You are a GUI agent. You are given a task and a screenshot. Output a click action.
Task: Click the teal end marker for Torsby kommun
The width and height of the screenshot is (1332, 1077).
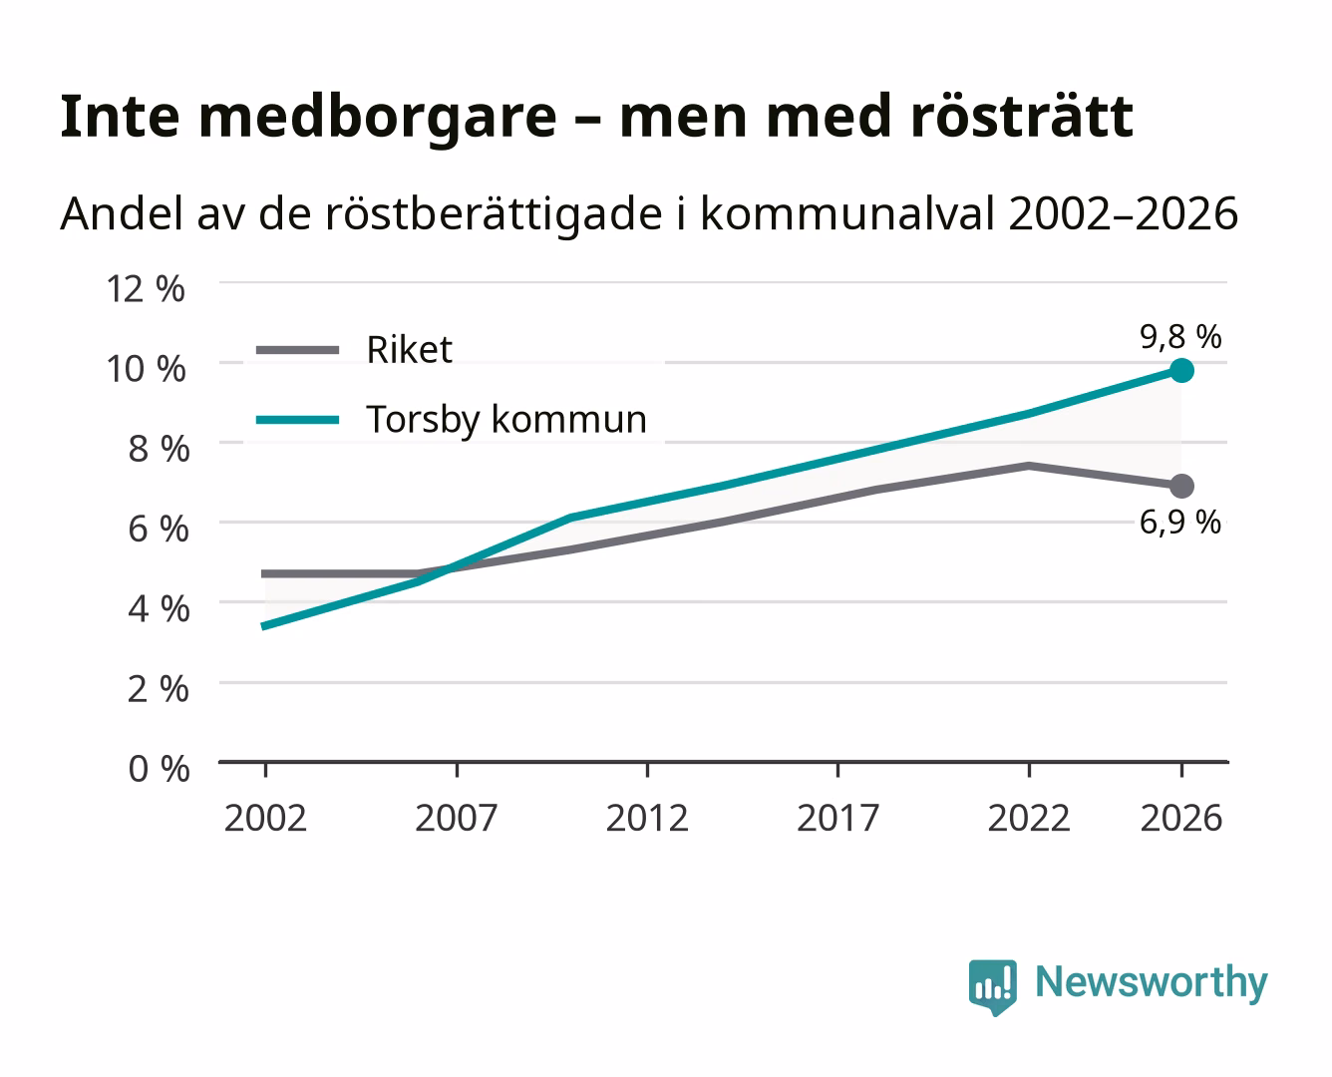tap(1181, 371)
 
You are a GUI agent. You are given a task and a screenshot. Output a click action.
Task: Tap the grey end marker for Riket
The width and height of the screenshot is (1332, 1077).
tap(1181, 486)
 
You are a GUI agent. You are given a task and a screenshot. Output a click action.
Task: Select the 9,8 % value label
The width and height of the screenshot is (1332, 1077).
tap(1180, 337)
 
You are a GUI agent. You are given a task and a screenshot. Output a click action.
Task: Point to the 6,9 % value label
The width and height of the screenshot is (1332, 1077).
tap(1180, 523)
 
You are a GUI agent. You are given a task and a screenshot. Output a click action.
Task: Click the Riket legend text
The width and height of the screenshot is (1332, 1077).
tap(409, 350)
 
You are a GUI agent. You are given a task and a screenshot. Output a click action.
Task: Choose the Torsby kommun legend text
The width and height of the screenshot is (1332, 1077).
tap(506, 419)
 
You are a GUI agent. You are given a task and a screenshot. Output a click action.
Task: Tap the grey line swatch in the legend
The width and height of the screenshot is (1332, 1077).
tap(298, 350)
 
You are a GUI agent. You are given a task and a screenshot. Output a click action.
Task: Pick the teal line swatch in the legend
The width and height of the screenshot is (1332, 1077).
tap(298, 420)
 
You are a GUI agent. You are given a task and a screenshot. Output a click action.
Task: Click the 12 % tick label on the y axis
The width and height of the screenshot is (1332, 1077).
tap(146, 289)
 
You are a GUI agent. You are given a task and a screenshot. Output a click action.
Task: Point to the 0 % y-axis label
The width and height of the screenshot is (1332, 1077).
tap(159, 769)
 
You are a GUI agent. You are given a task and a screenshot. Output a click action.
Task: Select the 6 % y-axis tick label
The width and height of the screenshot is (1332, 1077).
tap(159, 530)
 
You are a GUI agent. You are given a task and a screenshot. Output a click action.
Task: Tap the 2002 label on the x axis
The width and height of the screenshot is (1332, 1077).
tap(266, 818)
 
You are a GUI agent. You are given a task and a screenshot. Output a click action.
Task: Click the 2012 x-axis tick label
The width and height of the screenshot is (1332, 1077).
tap(647, 818)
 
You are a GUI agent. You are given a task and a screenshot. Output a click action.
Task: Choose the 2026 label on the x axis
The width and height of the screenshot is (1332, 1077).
tap(1181, 818)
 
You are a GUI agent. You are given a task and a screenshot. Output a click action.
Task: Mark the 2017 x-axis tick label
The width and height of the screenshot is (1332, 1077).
tap(837, 818)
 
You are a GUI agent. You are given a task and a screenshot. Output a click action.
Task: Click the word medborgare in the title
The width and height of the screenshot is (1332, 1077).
tap(377, 119)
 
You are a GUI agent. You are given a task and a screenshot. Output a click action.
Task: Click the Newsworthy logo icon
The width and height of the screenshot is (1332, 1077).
tap(992, 987)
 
